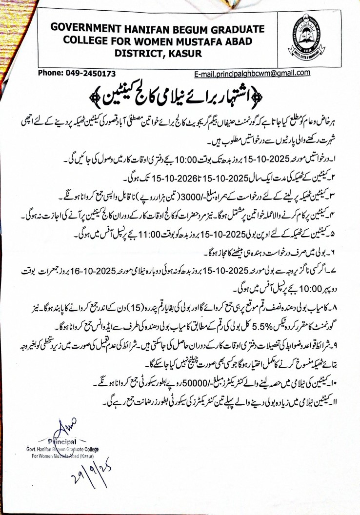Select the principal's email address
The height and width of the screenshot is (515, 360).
pyautogui.click(x=252, y=73)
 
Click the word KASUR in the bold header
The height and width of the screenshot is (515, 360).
pyautogui.click(x=183, y=54)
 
